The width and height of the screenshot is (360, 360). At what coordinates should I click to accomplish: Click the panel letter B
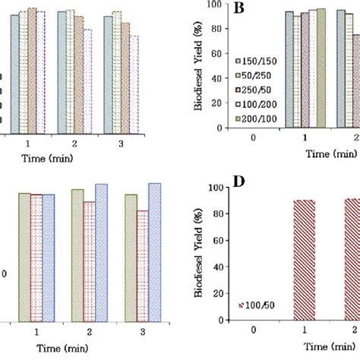(238, 8)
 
